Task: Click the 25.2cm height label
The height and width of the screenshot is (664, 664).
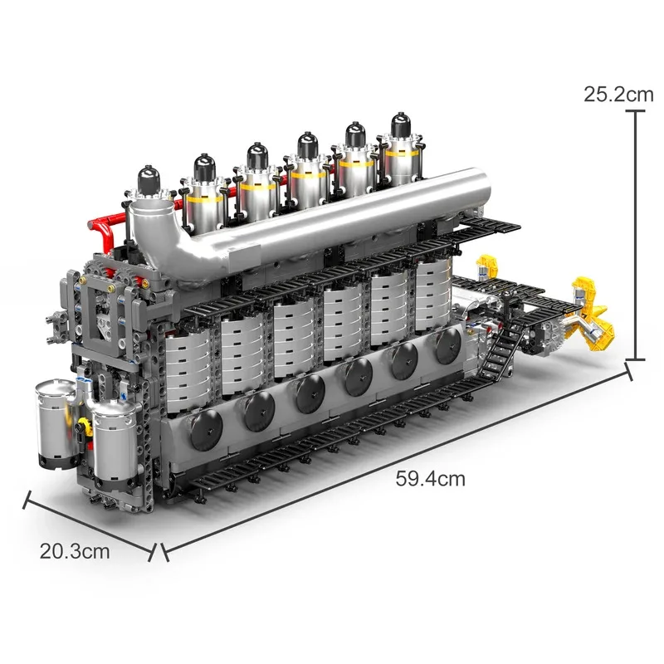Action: [618, 94]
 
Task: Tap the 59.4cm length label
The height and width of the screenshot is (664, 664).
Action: [430, 478]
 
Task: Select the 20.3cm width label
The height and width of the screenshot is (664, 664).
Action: [74, 550]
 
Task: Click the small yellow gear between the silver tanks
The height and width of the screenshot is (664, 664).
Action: [83, 424]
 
